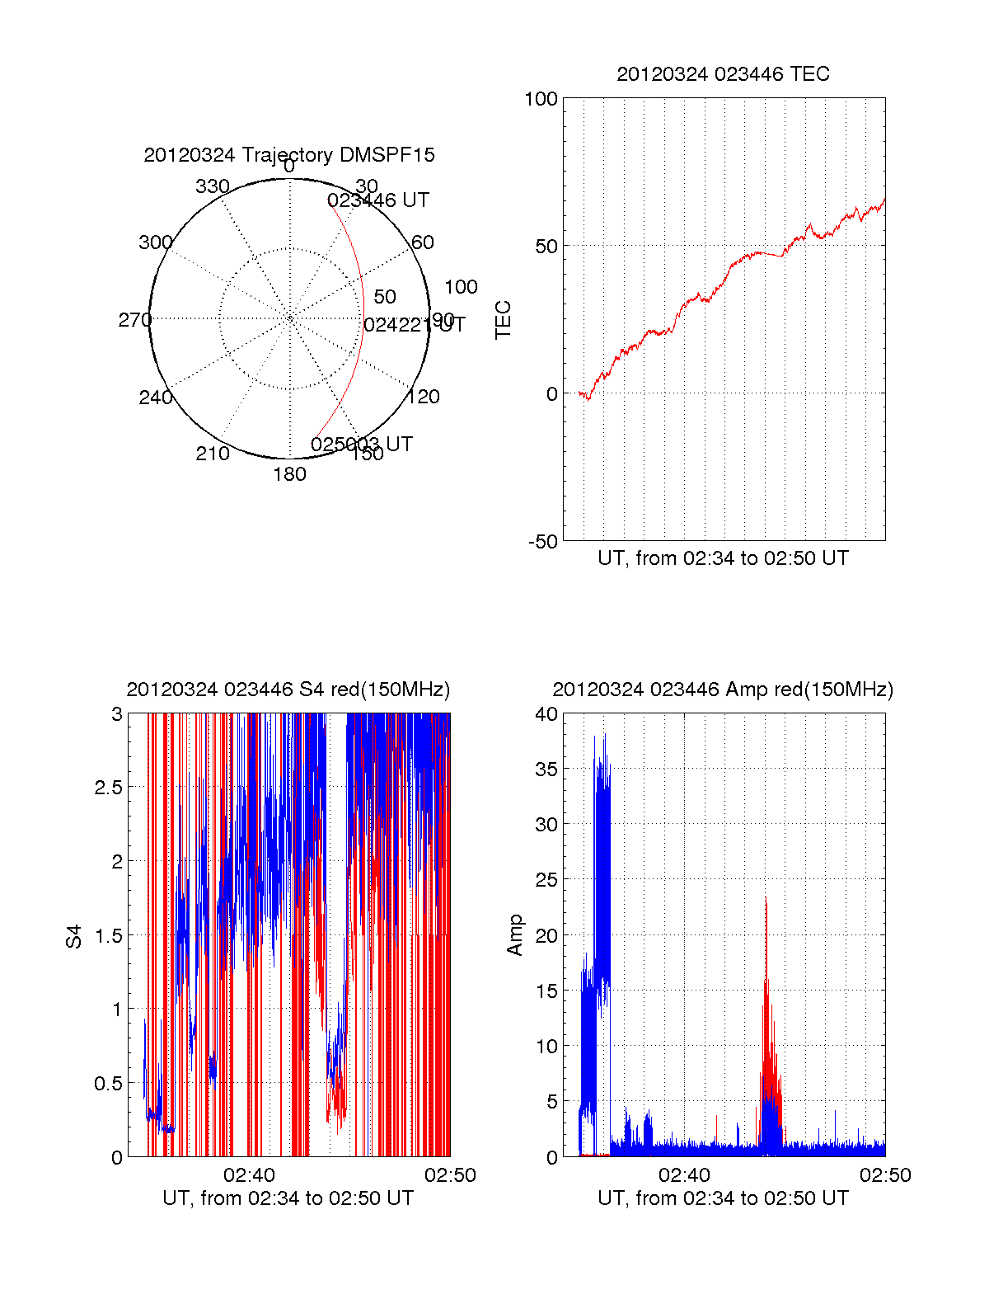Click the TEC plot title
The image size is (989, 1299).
[x=723, y=74]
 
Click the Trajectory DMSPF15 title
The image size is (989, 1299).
[x=288, y=155]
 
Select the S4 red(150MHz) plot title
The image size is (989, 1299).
[x=288, y=690]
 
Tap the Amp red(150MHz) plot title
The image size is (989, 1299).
[x=723, y=690]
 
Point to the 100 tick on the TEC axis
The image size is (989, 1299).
[x=541, y=100]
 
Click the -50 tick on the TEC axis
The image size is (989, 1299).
[x=543, y=542]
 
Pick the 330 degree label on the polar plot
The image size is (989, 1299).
[x=212, y=186]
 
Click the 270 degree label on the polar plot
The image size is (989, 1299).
[x=134, y=320]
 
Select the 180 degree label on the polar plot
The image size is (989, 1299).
[x=289, y=474]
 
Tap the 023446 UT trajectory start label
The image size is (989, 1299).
[x=377, y=200]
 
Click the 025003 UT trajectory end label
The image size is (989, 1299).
[x=361, y=445]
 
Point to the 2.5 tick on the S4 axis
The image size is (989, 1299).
[x=108, y=788]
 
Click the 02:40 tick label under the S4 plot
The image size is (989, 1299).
[x=249, y=1175]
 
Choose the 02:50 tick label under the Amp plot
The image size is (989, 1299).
[x=885, y=1175]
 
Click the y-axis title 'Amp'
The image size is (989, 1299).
[x=515, y=935]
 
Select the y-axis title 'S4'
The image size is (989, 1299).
[x=74, y=936]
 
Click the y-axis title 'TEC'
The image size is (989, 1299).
[x=503, y=320]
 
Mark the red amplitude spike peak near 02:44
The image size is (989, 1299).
[x=766, y=899]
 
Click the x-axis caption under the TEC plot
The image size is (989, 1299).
[x=723, y=558]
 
